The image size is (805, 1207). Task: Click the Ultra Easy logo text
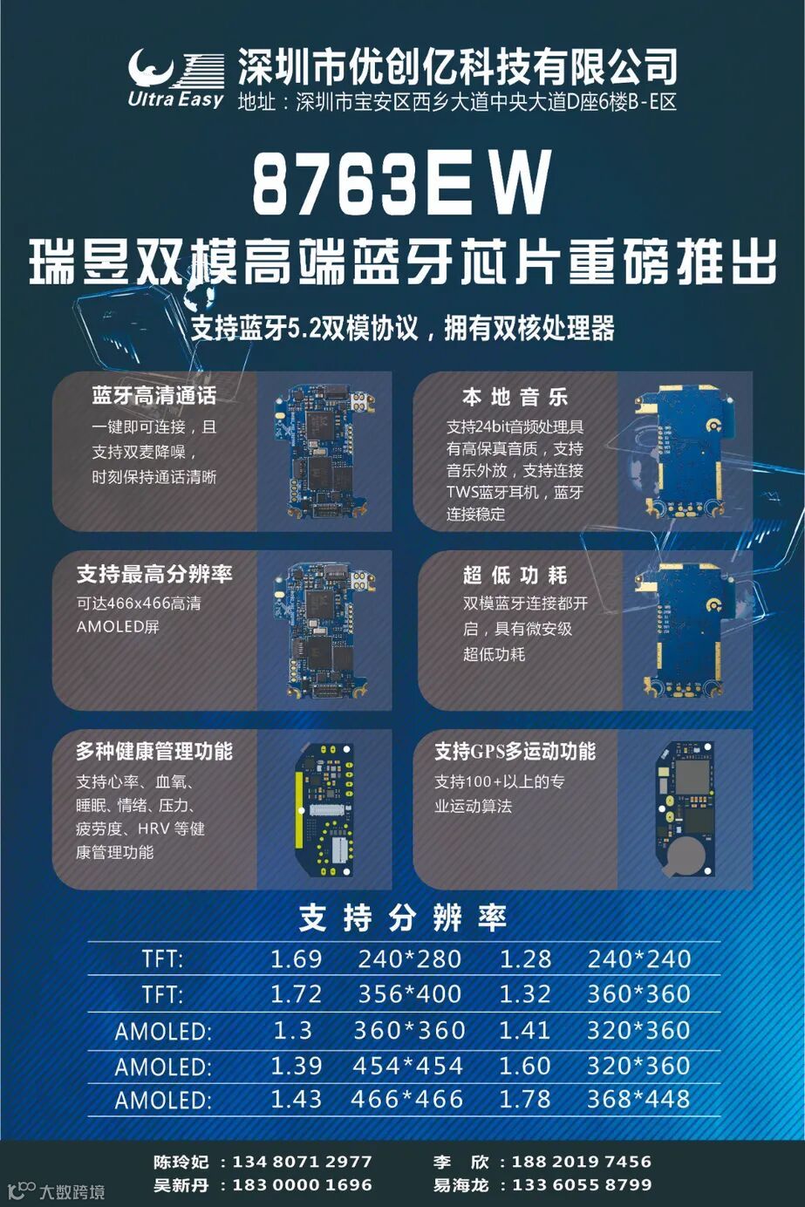click(x=175, y=99)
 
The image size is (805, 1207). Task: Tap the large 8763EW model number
click(x=402, y=182)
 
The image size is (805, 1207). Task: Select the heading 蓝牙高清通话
click(x=154, y=396)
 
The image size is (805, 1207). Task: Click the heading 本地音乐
click(x=515, y=397)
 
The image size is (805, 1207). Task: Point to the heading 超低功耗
click(x=515, y=576)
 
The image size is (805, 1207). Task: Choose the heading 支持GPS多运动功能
click(x=515, y=751)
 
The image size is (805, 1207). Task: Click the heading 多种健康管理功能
click(x=154, y=751)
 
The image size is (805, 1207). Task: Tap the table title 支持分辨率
click(x=403, y=918)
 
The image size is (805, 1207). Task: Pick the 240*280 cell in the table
click(x=410, y=959)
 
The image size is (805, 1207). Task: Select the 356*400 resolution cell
click(x=410, y=995)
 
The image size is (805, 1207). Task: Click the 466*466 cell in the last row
click(x=406, y=1100)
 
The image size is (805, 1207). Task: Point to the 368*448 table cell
click(x=638, y=1100)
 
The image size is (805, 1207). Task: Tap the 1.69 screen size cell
click(x=296, y=959)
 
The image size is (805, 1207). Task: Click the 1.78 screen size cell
click(x=525, y=1100)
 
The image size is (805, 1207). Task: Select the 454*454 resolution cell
click(x=408, y=1066)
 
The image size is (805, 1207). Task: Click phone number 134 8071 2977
click(x=302, y=1162)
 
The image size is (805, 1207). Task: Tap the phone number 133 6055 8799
click(x=582, y=1185)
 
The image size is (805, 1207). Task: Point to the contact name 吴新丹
click(x=181, y=1185)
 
